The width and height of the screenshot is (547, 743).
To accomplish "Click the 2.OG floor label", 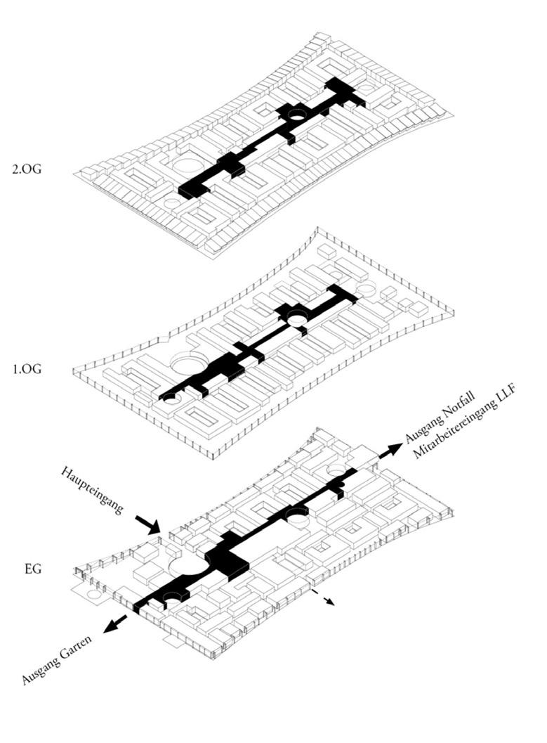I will (27, 169).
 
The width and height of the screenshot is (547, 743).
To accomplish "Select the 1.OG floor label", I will (27, 368).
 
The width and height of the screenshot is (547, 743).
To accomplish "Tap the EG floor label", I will (32, 568).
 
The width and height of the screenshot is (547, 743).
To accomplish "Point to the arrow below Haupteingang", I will (147, 524).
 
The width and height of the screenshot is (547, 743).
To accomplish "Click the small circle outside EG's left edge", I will (91, 595).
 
